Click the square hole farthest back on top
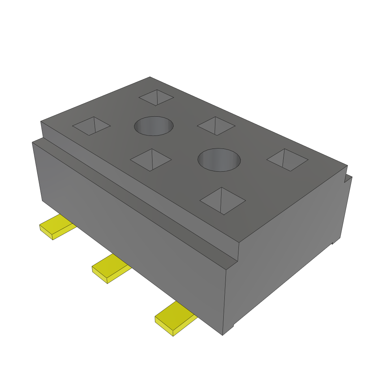point(156,97)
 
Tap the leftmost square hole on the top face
point(91,126)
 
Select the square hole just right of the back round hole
point(216,126)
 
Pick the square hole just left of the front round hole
point(151,159)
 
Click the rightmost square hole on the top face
point(287,159)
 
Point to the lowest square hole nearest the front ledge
point(223,201)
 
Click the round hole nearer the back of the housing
point(154,126)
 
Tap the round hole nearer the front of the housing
point(219,159)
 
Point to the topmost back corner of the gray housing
point(150,77)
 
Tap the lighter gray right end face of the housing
point(285,253)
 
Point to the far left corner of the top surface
point(41,122)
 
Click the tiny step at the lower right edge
point(332,243)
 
